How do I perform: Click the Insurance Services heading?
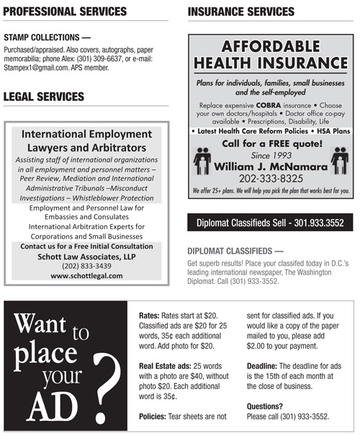[240, 12]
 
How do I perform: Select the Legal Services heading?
[44, 97]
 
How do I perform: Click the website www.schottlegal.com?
[86, 275]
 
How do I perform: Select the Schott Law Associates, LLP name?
[86, 256]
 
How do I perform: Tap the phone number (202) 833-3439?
[86, 265]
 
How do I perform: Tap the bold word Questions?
[264, 406]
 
